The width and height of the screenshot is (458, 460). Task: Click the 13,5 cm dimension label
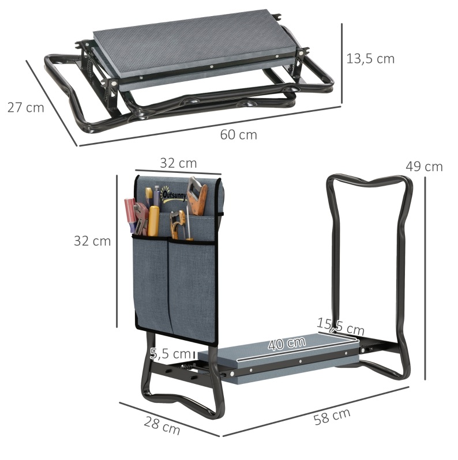click(370, 59)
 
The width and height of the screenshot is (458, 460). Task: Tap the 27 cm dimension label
click(25, 107)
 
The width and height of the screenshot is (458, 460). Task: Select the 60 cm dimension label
click(238, 135)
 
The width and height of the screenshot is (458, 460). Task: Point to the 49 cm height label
click(424, 167)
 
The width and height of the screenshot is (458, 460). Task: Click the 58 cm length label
click(332, 416)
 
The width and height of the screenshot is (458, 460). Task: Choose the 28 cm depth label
click(162, 425)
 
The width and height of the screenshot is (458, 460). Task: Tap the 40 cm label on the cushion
click(287, 342)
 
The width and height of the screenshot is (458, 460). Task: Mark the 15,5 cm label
click(340, 326)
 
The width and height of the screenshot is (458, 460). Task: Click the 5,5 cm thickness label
click(170, 354)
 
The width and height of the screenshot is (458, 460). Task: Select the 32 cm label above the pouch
click(178, 163)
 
